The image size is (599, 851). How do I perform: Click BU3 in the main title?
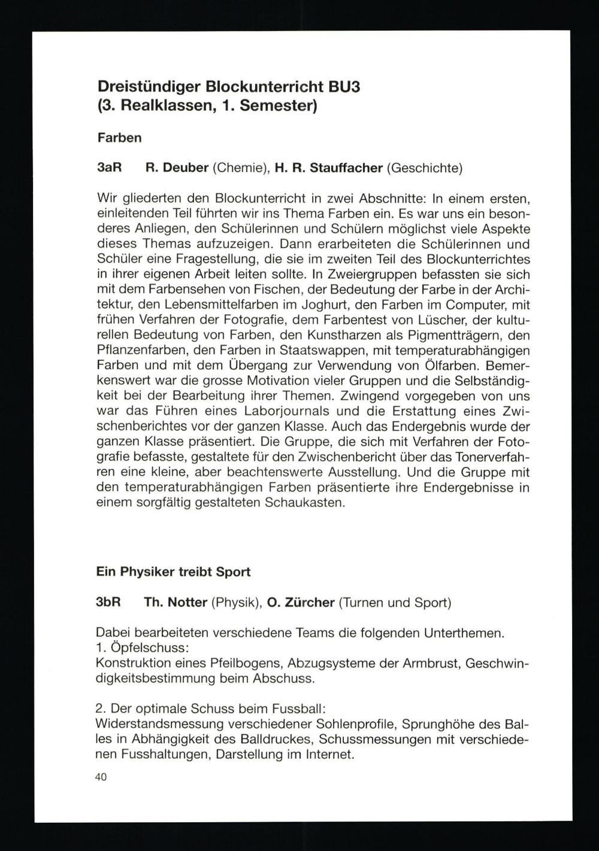(x=344, y=87)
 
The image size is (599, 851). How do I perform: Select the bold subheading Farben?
(x=119, y=138)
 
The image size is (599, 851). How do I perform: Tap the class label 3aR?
(x=109, y=168)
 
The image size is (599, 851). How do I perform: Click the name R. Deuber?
(x=177, y=168)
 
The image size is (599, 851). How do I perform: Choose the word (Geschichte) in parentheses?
(x=424, y=168)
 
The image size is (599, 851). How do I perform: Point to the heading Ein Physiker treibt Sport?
(x=173, y=572)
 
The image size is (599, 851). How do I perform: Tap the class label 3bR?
(x=109, y=602)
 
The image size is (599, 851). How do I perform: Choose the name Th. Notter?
(x=176, y=602)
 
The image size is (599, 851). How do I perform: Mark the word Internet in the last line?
(x=329, y=754)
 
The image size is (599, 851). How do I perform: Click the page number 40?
(x=101, y=777)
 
